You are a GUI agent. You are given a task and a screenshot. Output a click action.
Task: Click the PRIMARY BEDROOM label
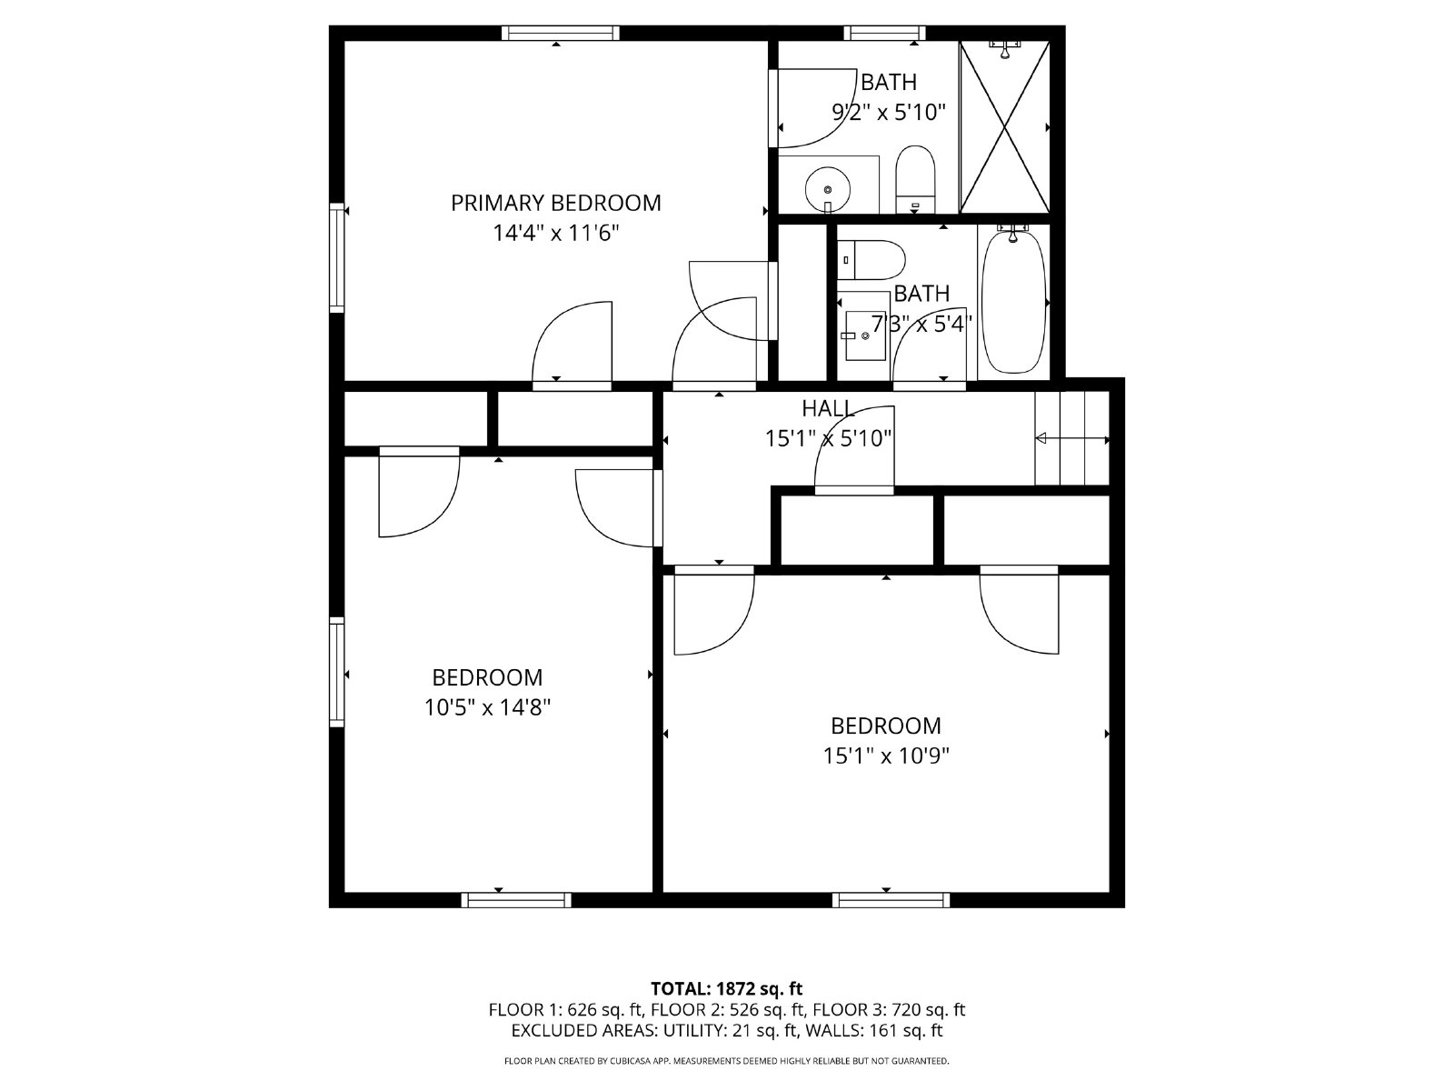[x=555, y=203]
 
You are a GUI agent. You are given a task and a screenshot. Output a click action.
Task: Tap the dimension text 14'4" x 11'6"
[x=555, y=233]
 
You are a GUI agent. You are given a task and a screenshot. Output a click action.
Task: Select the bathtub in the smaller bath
[x=1013, y=302]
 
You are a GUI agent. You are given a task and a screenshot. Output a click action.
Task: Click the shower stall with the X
[x=1004, y=127]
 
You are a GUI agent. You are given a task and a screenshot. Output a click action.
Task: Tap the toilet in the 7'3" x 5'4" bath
[x=871, y=260]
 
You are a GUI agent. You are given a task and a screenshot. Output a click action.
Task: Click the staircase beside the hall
[x=1072, y=439]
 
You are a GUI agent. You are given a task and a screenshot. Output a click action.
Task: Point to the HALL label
[x=828, y=408]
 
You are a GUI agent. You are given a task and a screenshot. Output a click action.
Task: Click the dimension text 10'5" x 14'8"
[x=487, y=706]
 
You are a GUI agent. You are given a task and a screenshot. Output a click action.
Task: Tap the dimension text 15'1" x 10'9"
[x=886, y=756]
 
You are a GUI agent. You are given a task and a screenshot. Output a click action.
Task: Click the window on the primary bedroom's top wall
[x=560, y=34]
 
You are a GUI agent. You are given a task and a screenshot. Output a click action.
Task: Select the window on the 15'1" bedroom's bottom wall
[x=891, y=900]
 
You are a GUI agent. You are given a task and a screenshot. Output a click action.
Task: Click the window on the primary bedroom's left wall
[x=337, y=258]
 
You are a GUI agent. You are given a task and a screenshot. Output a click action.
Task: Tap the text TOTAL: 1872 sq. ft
[x=726, y=988]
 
